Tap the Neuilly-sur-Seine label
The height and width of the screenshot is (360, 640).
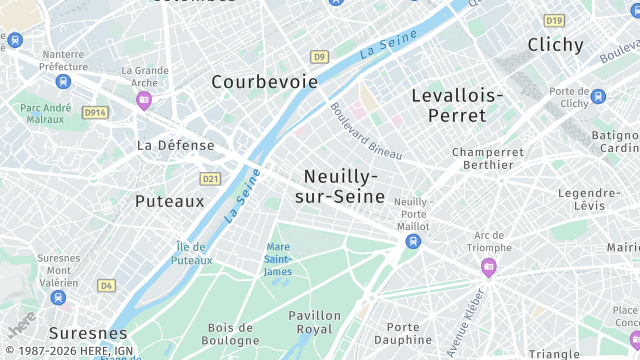pyautogui.click(x=340, y=186)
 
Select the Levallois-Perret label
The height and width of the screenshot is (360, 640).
pyautogui.click(x=457, y=105)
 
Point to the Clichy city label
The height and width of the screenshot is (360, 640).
pyautogui.click(x=555, y=45)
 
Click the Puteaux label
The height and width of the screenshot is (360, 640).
pyautogui.click(x=169, y=201)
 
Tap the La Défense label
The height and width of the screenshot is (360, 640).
pyautogui.click(x=175, y=145)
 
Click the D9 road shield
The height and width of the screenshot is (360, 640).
pyautogui.click(x=318, y=57)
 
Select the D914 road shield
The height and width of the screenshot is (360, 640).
pyautogui.click(x=95, y=113)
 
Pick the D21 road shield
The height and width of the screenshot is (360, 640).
pyautogui.click(x=210, y=179)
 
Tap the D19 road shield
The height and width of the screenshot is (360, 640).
pyautogui.click(x=554, y=20)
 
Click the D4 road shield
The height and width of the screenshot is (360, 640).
pyautogui.click(x=106, y=285)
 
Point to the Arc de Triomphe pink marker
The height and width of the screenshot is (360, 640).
pyautogui.click(x=488, y=266)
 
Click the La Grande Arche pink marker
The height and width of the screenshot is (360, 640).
pyautogui.click(x=144, y=99)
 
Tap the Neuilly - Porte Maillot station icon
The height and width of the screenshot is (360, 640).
pyautogui.click(x=413, y=241)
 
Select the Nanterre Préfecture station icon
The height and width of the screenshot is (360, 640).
pyautogui.click(x=64, y=81)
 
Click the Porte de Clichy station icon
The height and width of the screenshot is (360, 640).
pyautogui.click(x=598, y=97)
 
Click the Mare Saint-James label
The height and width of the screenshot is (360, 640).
pyautogui.click(x=278, y=259)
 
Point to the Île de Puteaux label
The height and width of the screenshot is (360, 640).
pyautogui.click(x=192, y=254)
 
